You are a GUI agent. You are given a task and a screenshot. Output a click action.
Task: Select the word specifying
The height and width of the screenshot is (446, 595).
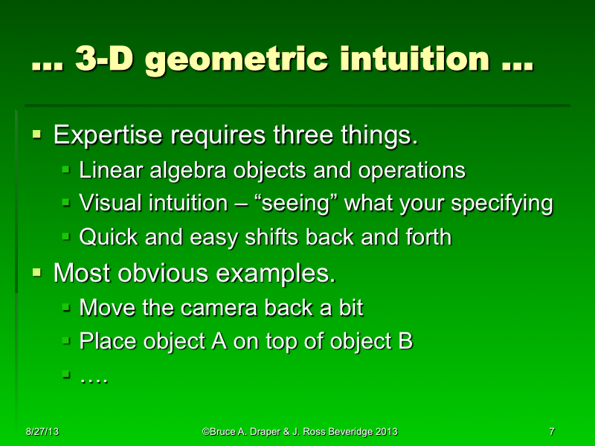tap(501, 205)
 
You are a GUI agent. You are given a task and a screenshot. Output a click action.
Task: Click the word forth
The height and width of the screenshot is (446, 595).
tap(427, 238)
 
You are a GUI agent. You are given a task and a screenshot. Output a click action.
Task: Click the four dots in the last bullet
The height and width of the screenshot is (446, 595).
tap(94, 379)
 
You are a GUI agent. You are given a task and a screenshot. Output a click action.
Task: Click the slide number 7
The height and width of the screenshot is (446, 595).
tap(551, 432)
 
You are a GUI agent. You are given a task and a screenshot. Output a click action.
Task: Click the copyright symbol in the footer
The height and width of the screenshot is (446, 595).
tap(205, 432)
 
